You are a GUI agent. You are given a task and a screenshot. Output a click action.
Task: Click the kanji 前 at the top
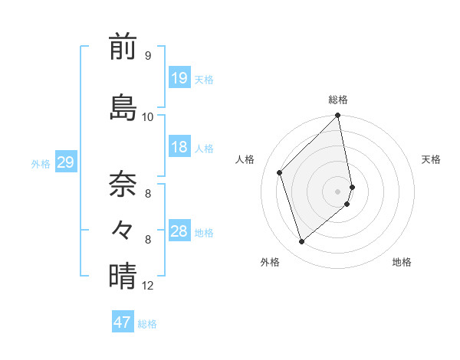point(123,47)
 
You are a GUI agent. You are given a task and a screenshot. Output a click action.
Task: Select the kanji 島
point(123,107)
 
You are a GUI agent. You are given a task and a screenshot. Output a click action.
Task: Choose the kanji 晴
point(123,276)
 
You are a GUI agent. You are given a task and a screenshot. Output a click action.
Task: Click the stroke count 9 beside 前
point(147,56)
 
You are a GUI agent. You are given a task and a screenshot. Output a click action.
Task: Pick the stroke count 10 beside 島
point(148,116)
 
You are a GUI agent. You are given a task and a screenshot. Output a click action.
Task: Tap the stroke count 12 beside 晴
point(148,286)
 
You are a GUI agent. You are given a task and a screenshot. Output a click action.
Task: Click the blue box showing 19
point(179,78)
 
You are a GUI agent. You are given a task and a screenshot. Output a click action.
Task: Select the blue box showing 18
point(179,147)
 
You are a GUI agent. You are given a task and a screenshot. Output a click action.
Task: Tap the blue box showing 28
point(179,231)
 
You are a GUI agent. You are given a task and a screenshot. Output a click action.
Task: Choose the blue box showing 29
point(65,162)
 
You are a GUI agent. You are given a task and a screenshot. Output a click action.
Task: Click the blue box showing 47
point(123,322)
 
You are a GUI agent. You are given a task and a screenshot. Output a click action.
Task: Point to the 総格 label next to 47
point(147,324)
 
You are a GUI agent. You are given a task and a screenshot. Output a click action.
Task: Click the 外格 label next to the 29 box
point(41,163)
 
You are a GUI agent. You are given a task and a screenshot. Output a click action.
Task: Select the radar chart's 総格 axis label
point(338,100)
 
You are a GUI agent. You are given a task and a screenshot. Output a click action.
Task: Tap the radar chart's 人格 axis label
point(245,159)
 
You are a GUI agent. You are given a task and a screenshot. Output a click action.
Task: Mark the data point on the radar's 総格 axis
point(338,116)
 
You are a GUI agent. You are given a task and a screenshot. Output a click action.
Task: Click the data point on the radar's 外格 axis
point(301,242)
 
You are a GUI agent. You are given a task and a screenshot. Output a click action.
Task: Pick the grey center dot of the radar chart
point(338,191)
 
